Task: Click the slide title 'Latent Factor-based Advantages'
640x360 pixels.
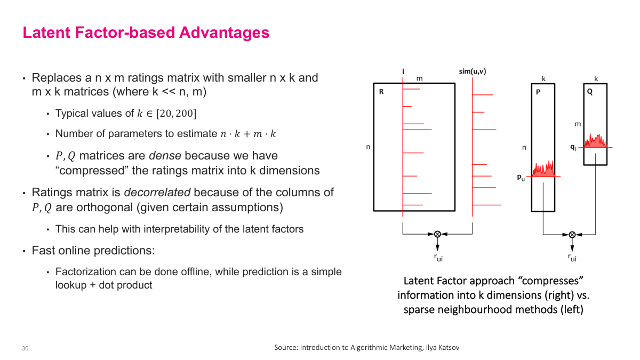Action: coord(146,33)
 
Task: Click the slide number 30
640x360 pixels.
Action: coord(25,348)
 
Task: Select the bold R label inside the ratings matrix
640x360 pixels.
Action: coord(381,92)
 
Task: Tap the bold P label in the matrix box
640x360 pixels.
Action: coord(539,92)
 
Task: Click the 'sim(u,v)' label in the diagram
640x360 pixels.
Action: coord(472,71)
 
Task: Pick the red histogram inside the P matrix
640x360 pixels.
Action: coord(543,169)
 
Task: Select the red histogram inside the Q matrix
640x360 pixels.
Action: coord(595,141)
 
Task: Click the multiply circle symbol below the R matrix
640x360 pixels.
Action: coord(437,234)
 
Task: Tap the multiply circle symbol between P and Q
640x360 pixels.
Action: coord(572,234)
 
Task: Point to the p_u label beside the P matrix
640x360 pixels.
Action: coord(521,178)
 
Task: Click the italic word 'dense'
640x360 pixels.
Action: coord(165,156)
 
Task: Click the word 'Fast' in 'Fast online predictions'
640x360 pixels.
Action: coord(43,250)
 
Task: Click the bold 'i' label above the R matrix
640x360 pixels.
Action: coord(403,71)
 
